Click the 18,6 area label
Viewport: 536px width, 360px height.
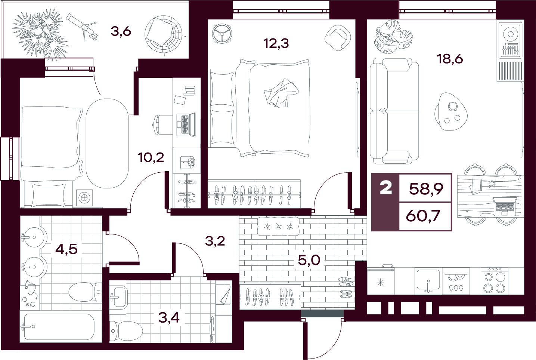click(x=450, y=59)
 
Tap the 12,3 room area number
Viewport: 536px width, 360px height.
click(x=276, y=44)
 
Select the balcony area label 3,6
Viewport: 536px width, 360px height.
click(x=121, y=32)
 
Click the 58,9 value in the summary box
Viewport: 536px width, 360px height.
click(x=426, y=189)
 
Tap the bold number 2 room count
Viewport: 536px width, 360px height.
click(x=386, y=188)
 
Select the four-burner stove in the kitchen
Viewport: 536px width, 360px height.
click(x=495, y=281)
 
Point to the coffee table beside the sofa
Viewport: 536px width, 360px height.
click(x=451, y=112)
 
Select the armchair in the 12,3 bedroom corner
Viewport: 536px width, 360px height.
click(x=338, y=38)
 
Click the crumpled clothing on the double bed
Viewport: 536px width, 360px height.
click(x=281, y=93)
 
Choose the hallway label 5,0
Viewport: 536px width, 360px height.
click(x=309, y=260)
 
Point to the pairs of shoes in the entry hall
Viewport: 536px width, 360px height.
click(x=346, y=287)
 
